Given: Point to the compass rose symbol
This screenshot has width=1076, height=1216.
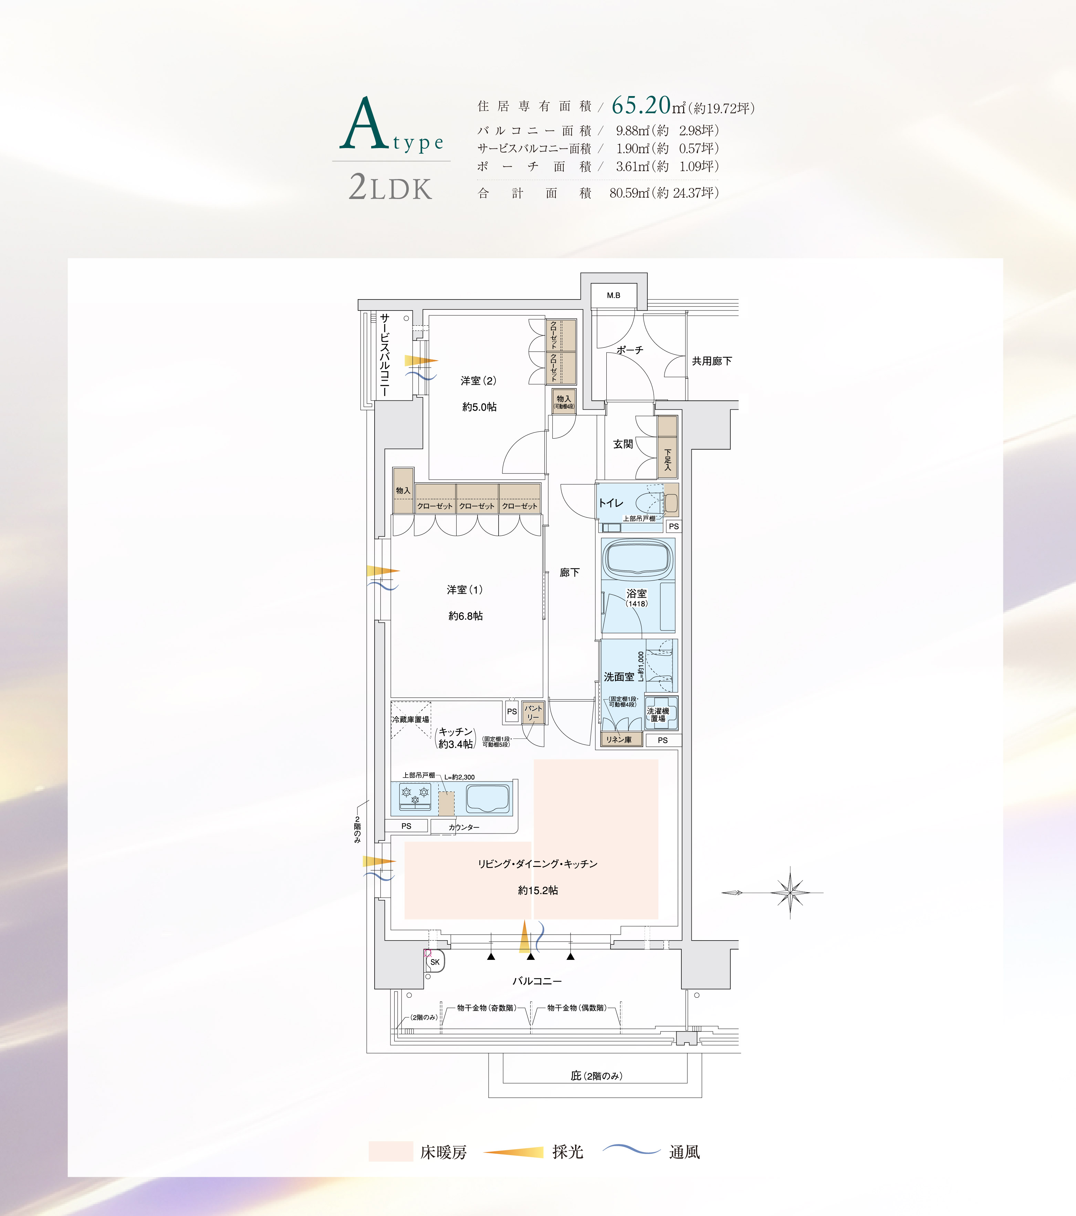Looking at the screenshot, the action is [790, 892].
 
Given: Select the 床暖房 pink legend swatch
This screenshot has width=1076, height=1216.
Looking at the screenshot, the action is [390, 1151].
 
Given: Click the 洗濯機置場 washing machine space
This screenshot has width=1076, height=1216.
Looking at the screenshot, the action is [661, 713].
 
